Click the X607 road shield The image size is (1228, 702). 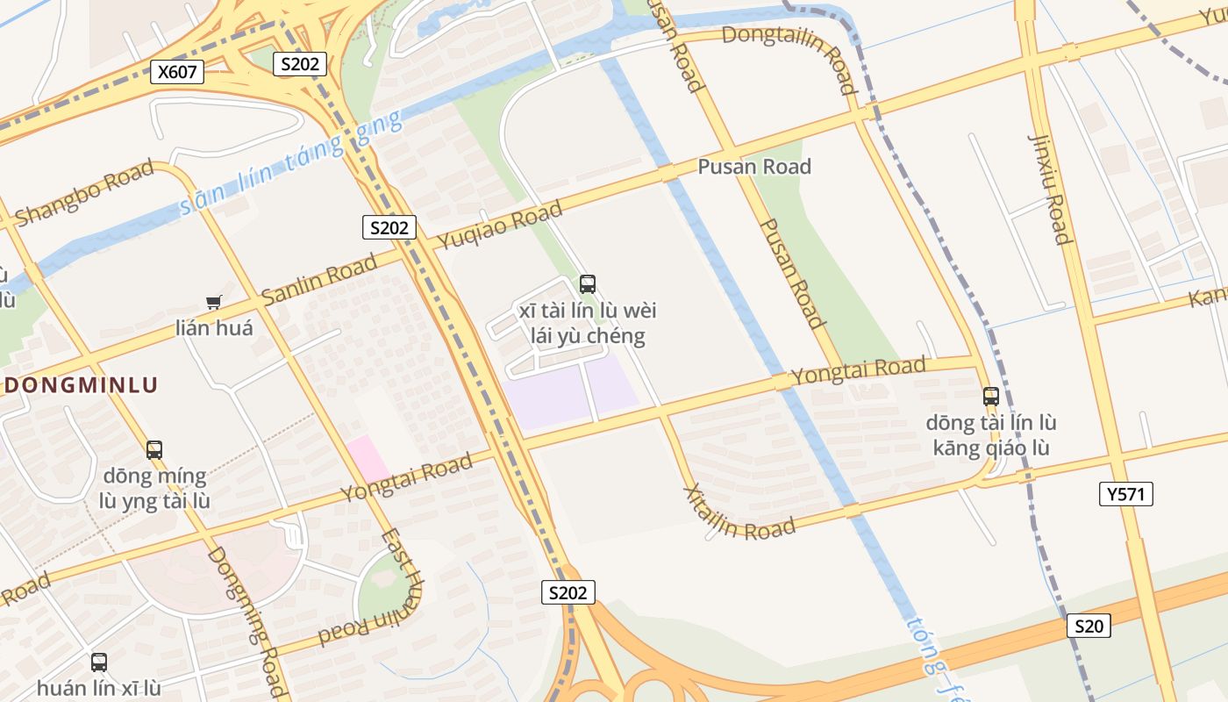pyautogui.click(x=177, y=72)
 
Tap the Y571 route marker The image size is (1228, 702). pyautogui.click(x=1125, y=494)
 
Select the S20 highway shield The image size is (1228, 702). pyautogui.click(x=1089, y=626)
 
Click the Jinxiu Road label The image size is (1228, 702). pyautogui.click(x=1049, y=189)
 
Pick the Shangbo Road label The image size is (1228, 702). pyautogui.click(x=85, y=191)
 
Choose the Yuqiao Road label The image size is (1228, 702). pyautogui.click(x=500, y=226)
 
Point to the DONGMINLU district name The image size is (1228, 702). pyautogui.click(x=82, y=384)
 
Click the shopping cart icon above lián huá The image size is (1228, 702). pyautogui.click(x=213, y=303)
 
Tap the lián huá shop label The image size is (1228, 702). pyautogui.click(x=214, y=328)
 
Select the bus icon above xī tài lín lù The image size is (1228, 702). pyautogui.click(x=588, y=284)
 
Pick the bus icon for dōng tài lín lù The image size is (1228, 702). pyautogui.click(x=990, y=397)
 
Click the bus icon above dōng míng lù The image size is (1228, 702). pyautogui.click(x=154, y=450)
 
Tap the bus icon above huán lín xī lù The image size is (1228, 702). pyautogui.click(x=99, y=663)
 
